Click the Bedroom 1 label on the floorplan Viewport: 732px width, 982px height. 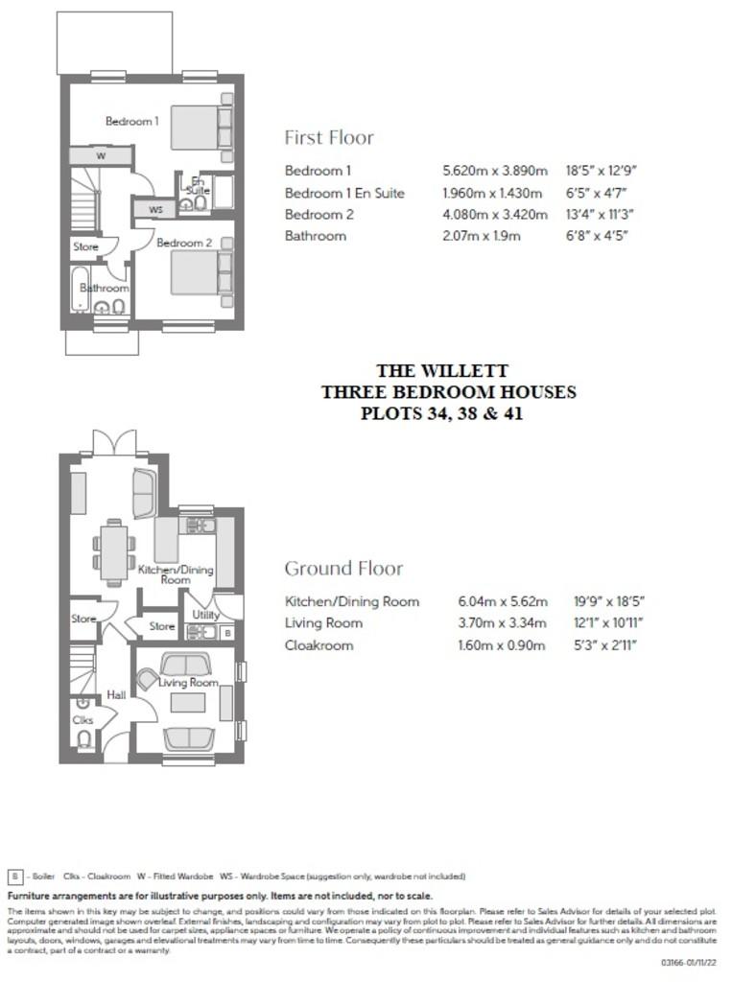(131, 122)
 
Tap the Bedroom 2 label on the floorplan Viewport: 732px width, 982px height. (185, 243)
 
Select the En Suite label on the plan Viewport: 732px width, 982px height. (199, 185)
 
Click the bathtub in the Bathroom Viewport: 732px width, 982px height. (80, 288)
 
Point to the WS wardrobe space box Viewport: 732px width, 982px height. (155, 208)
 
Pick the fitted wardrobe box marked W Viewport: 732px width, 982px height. (101, 155)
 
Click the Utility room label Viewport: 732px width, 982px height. (205, 615)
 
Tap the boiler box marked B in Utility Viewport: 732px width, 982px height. (227, 633)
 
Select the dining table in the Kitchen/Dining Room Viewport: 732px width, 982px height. (114, 552)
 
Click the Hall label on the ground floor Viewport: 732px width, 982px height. (116, 694)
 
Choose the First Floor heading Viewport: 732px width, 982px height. (329, 137)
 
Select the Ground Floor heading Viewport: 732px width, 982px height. (343, 569)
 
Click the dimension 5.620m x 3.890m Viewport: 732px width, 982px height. (494, 171)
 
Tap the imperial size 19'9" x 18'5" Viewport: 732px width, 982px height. (607, 602)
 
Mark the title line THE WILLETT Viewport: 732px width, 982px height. (441, 370)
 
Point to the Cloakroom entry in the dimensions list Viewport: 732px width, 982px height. (319, 645)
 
